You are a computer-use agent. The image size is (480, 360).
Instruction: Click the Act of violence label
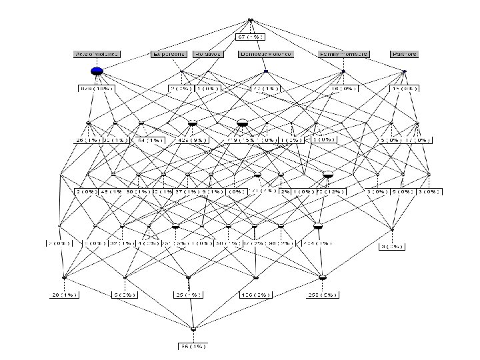[x=96, y=54]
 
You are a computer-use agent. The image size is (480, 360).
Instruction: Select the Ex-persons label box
[x=169, y=54]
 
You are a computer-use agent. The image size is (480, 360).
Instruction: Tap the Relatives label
[x=207, y=54]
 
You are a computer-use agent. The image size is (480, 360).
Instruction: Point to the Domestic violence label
[x=265, y=54]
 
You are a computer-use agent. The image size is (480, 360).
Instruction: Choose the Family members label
[x=343, y=54]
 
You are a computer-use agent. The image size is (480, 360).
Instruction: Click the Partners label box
[x=404, y=54]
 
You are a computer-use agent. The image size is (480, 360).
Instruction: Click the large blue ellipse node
[x=97, y=71]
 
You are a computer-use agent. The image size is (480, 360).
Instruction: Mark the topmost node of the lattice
[x=251, y=20]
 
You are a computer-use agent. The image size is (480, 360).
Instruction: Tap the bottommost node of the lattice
[x=193, y=329]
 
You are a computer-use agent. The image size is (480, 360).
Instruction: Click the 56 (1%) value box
[x=193, y=346]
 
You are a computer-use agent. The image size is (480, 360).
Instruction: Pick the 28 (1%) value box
[x=65, y=294]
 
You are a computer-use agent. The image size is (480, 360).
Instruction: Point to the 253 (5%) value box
[x=323, y=294]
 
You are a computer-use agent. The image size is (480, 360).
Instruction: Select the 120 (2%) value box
[x=256, y=294]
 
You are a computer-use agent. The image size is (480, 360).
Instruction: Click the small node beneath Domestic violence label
[x=265, y=71]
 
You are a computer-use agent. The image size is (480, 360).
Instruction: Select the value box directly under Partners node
[x=404, y=88]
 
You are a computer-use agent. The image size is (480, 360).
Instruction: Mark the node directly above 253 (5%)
[x=323, y=277]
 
